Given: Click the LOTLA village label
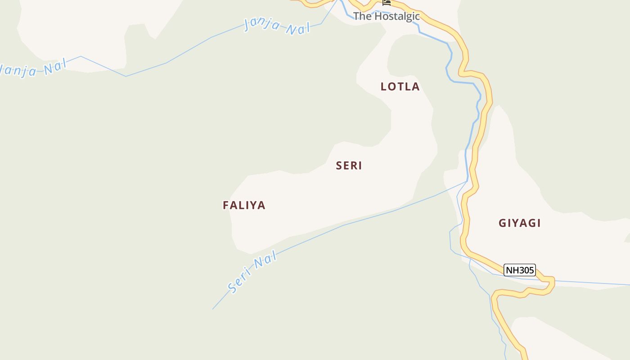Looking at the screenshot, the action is [x=400, y=86].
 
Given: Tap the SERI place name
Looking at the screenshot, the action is [x=349, y=166].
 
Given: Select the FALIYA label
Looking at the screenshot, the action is [x=244, y=205].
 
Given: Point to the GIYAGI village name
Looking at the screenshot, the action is [x=520, y=223].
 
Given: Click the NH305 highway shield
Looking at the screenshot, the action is [x=520, y=270].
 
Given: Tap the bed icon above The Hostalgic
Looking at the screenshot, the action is [x=387, y=3].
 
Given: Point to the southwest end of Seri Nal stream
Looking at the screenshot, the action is [x=213, y=308].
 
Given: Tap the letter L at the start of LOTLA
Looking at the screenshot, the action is [x=384, y=86].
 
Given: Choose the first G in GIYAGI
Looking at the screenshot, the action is [x=502, y=223].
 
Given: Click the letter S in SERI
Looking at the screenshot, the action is [x=339, y=166].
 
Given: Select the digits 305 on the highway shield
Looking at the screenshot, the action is [x=526, y=270].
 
